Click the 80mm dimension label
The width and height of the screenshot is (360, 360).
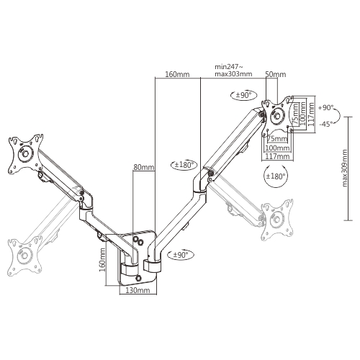tap(144, 167)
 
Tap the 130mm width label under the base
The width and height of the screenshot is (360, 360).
tap(138, 290)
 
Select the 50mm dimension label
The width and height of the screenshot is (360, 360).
tap(276, 74)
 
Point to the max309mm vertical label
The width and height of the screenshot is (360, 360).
tap(345, 168)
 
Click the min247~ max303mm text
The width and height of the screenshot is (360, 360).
tap(233, 70)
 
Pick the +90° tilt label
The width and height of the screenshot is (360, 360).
tap(326, 108)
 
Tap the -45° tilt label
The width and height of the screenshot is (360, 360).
tap(326, 124)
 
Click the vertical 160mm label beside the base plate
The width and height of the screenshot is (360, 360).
tap(102, 260)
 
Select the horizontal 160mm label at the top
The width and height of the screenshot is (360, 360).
tap(177, 74)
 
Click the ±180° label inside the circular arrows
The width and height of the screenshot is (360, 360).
tap(276, 176)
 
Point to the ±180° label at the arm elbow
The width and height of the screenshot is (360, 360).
tap(184, 165)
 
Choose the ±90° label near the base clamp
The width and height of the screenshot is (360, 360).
tap(181, 255)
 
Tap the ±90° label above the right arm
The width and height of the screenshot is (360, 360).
tap(243, 95)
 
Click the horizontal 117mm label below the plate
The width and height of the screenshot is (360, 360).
tap(277, 156)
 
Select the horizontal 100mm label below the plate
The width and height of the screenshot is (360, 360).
tap(277, 148)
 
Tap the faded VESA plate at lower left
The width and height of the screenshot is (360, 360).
tap(24, 256)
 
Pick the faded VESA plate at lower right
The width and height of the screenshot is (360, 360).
tap(278, 220)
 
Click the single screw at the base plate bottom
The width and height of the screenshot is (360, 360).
tap(139, 277)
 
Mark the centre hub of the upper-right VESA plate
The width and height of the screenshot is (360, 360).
tap(278, 116)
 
